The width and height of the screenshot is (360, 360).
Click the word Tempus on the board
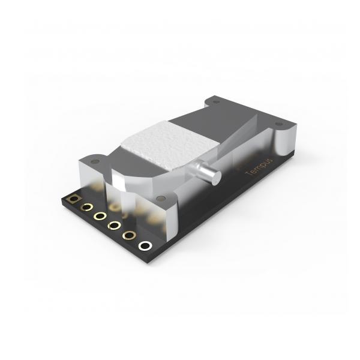[259, 167]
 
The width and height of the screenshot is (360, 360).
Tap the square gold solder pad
[73, 199]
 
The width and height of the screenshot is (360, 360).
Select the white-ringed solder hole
[145, 245]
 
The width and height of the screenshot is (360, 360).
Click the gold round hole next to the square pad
[86, 207]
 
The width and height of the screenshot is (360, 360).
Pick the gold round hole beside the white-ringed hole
[129, 235]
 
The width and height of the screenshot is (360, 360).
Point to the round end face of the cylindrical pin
[216, 178]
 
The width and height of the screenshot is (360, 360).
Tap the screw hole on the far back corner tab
[215, 102]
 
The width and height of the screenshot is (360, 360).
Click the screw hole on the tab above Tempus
[278, 124]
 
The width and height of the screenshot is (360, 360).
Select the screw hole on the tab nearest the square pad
[95, 161]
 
